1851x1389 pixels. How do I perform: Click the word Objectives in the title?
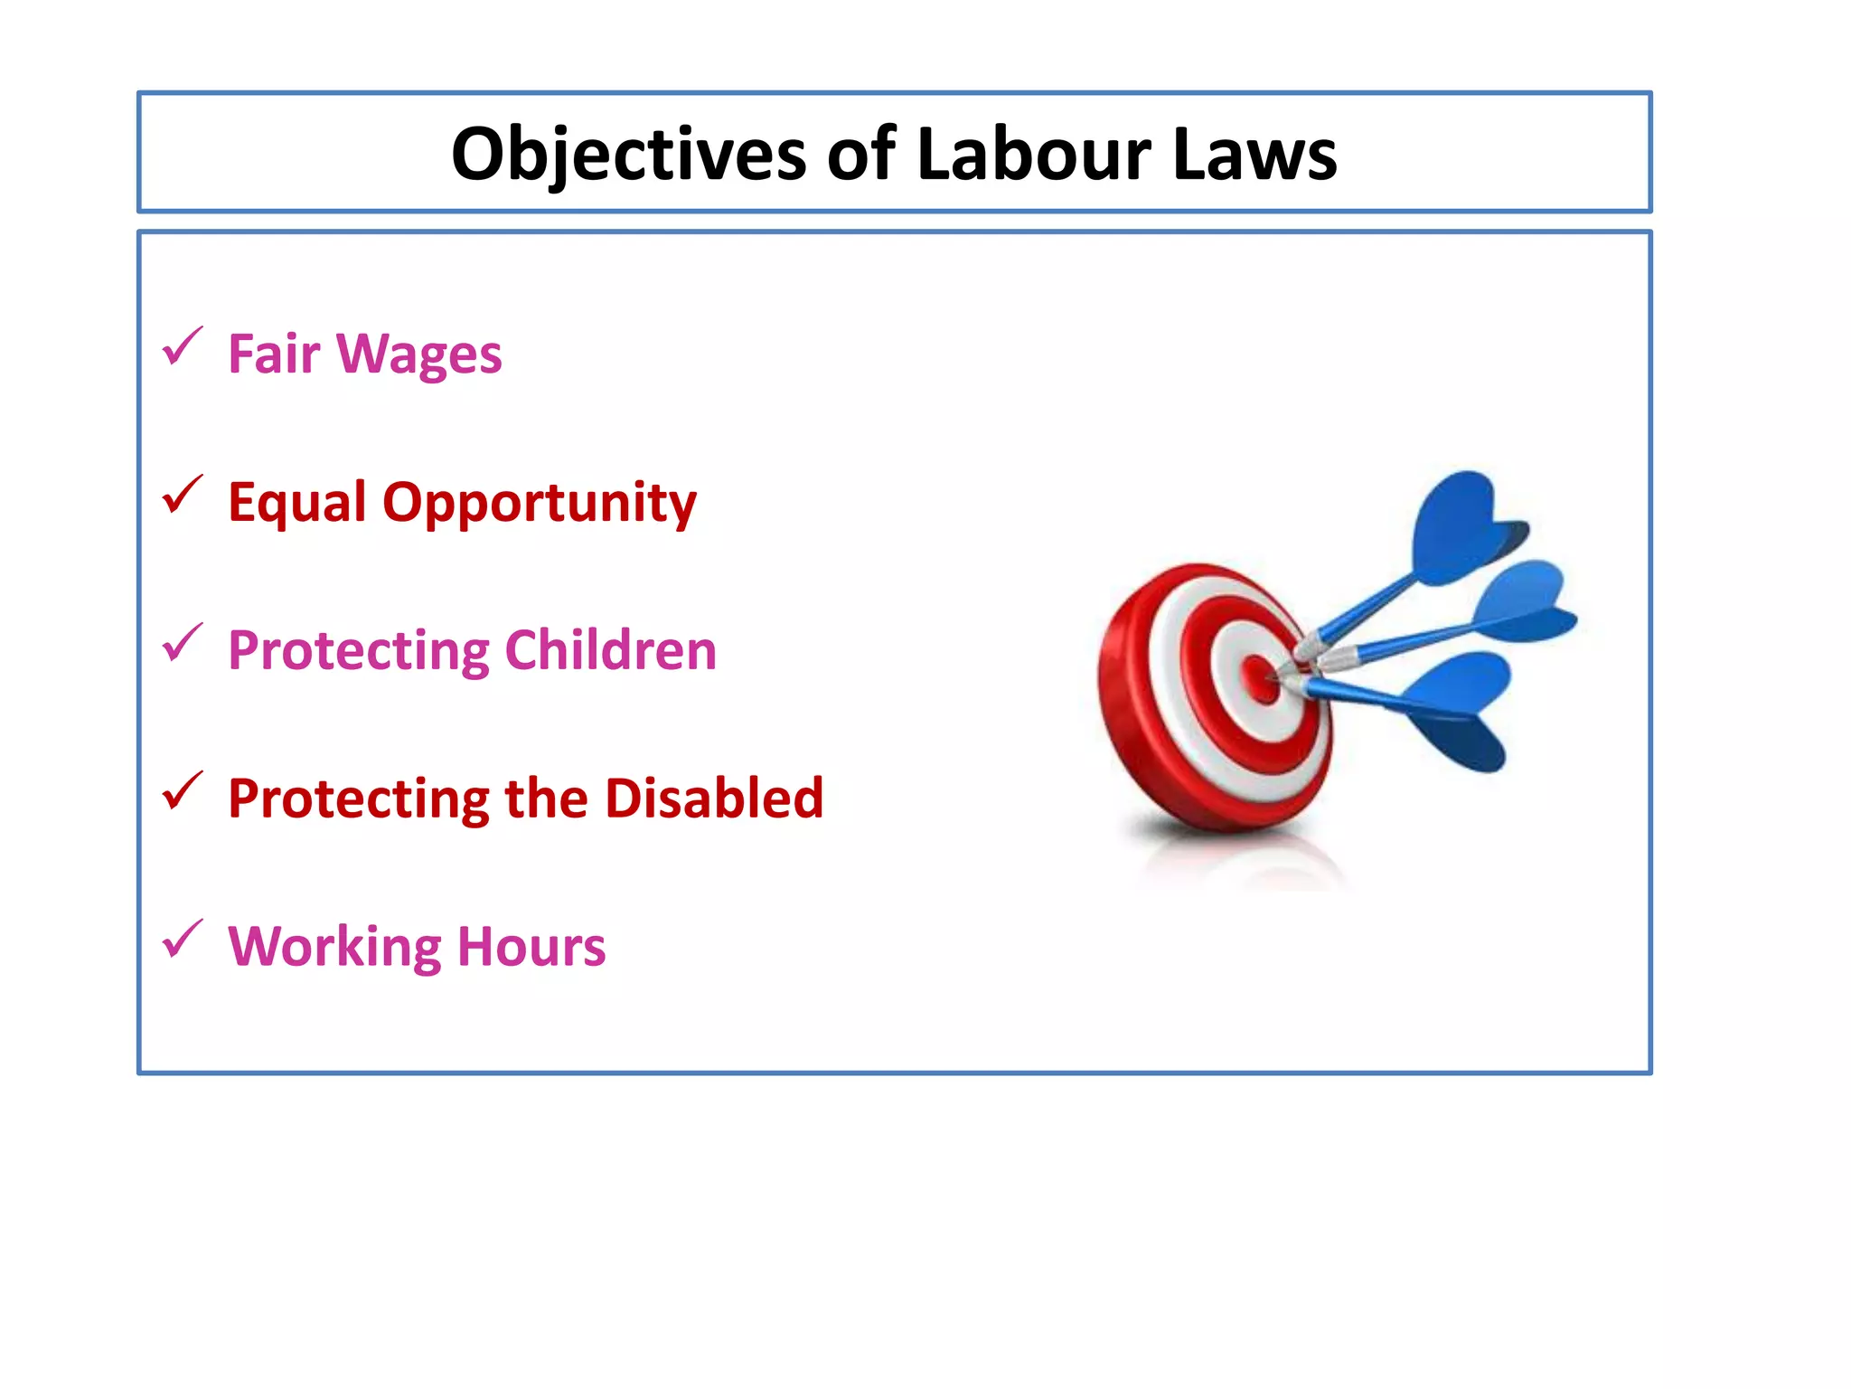coord(628,155)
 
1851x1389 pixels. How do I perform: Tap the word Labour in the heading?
coord(1034,155)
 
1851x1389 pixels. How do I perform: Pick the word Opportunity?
coord(540,504)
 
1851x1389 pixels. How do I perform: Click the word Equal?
coord(297,502)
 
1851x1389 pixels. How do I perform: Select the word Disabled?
coord(714,798)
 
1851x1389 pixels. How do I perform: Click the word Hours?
coord(531,947)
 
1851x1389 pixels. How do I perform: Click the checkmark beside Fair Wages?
coord(182,347)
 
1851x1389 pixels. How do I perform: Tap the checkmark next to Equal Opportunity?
coord(182,496)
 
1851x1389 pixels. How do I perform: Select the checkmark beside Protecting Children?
coord(182,644)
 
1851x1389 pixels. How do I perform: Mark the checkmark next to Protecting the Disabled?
coord(182,792)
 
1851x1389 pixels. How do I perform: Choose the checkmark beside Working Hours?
coord(182,940)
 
